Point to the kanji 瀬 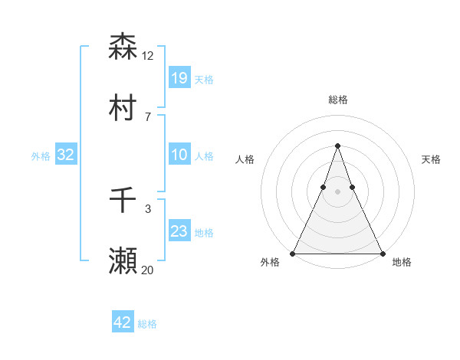pos(123,260)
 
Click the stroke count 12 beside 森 pos(148,56)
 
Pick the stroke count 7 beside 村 pos(147,116)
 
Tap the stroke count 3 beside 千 pos(148,208)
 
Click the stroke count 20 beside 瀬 pos(148,270)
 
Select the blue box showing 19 pos(179,77)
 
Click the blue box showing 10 pos(179,155)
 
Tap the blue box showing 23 pos(179,231)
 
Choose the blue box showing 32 pos(66,155)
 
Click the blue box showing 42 pos(123,322)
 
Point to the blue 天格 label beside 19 pos(204,80)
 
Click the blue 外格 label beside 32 pos(41,156)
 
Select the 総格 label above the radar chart pos(337,100)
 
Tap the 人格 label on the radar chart pos(245,159)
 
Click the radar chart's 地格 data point pos(381,253)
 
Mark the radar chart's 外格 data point pos(294,253)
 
